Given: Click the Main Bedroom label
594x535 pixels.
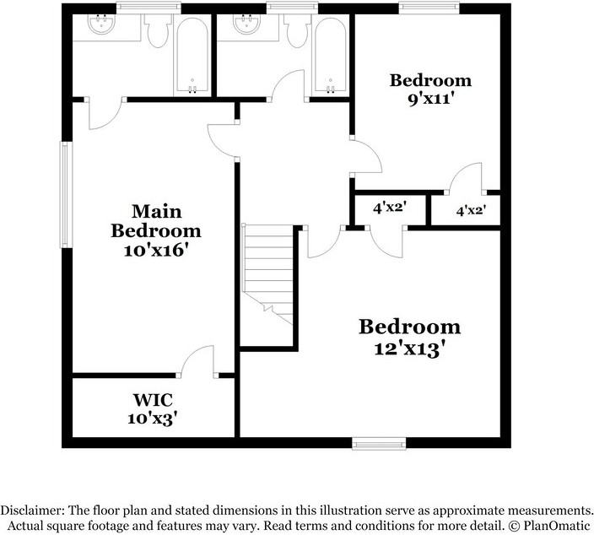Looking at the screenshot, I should tap(156, 220).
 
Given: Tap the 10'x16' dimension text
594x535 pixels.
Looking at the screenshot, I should tap(156, 250).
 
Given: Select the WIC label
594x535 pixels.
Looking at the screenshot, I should tap(153, 398).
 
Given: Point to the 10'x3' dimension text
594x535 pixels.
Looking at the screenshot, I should tap(153, 416).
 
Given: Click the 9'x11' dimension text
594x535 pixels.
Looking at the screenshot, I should tap(430, 98).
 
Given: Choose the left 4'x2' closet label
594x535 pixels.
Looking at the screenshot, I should tap(390, 206).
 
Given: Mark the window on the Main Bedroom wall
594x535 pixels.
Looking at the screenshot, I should tap(64, 194).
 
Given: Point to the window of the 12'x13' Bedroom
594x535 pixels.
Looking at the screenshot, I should tap(379, 442).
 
